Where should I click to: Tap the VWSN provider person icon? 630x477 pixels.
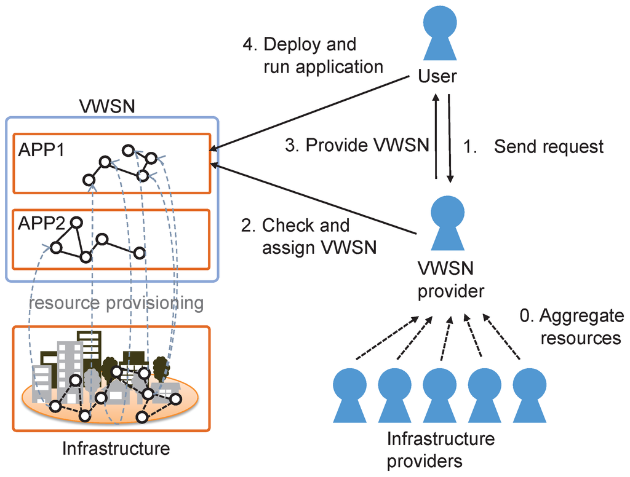(x=448, y=223)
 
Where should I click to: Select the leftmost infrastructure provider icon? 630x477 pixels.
(x=349, y=395)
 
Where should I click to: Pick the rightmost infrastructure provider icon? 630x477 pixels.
(x=529, y=395)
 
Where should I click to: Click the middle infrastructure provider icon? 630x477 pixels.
(x=439, y=395)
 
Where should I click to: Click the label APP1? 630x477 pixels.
(x=41, y=150)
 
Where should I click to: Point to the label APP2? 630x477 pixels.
(x=41, y=223)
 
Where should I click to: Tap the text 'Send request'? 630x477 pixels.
(x=548, y=146)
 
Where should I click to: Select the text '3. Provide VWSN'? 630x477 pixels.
(x=357, y=145)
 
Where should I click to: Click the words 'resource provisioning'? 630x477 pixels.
(x=116, y=303)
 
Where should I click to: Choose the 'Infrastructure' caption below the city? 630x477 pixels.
(x=116, y=449)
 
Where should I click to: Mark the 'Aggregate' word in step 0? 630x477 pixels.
(x=581, y=317)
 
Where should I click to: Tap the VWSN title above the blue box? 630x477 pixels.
(x=107, y=106)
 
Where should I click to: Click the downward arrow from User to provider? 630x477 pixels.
(x=450, y=138)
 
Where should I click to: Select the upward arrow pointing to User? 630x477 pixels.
(x=436, y=136)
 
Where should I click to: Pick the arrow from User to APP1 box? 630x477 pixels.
(x=309, y=113)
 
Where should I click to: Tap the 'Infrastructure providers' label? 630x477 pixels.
(x=441, y=450)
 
